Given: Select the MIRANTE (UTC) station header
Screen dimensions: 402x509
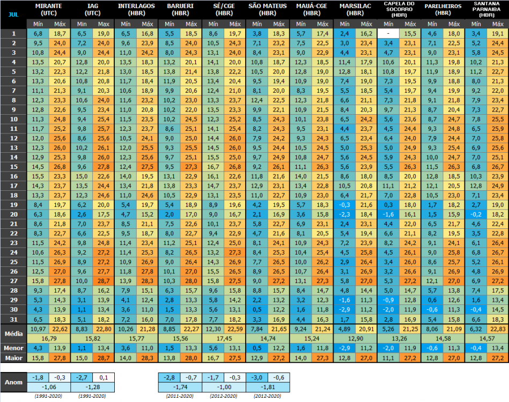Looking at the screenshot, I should (47, 9).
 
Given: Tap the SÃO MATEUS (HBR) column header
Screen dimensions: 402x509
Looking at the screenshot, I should (267, 9).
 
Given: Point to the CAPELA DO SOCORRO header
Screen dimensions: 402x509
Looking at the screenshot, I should (399, 9).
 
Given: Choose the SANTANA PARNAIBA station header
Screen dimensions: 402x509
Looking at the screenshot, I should (486, 9).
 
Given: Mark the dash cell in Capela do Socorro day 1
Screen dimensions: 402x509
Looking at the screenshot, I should (388, 33).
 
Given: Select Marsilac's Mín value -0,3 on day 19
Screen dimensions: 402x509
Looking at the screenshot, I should (344, 205).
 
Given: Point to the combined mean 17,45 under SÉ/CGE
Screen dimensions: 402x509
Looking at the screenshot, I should (223, 338).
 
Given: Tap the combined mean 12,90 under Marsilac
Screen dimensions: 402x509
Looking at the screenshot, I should (355, 338).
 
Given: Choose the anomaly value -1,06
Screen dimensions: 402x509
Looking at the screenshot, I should (48, 388).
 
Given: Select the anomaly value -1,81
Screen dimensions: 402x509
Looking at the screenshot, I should (267, 388).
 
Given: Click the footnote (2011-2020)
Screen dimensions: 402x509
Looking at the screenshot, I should (180, 397).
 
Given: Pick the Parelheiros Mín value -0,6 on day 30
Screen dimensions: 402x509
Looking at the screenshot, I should (432, 310).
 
